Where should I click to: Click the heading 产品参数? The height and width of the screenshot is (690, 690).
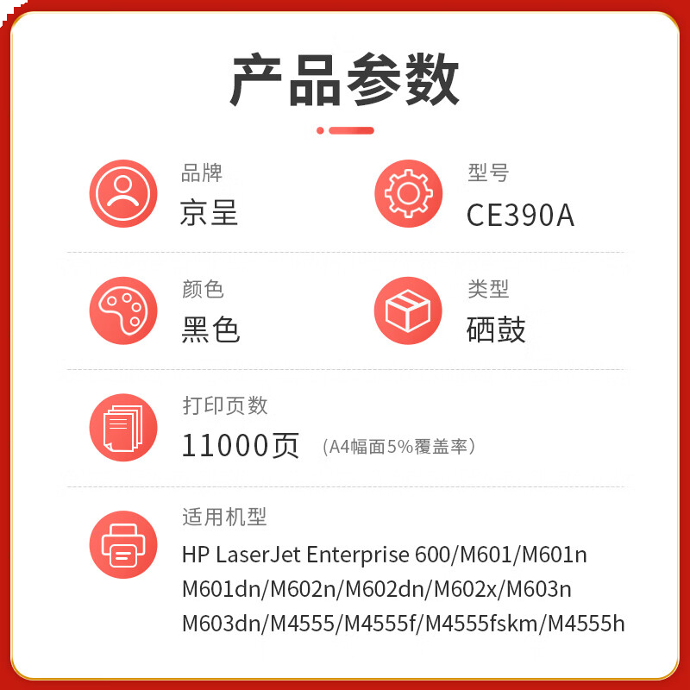pos(344,79)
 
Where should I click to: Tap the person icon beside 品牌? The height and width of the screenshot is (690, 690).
pos(123,193)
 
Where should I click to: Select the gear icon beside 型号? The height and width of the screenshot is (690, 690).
pos(408,193)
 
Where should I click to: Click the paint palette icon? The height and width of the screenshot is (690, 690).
pos(123,310)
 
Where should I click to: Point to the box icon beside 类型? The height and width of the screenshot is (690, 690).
pos(408,310)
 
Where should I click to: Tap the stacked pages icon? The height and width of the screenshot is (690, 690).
pos(123,428)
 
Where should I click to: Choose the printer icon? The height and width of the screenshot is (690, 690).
pos(123,545)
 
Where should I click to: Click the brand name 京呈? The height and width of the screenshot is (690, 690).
pos(209,212)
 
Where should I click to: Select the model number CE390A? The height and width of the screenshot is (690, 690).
pos(520,215)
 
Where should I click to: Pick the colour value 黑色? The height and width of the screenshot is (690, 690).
pos(210,329)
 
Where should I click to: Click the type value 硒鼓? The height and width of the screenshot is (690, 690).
pos(496,329)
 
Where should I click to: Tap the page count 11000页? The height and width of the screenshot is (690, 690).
pos(241,445)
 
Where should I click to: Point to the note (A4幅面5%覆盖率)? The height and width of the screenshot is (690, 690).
pos(398,447)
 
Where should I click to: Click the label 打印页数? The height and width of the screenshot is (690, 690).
pos(225,405)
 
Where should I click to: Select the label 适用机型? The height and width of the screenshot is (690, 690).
pos(224,517)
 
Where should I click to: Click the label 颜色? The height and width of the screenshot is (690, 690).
pos(203,289)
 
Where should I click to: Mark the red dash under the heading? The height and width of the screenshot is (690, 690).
pos(351,130)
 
